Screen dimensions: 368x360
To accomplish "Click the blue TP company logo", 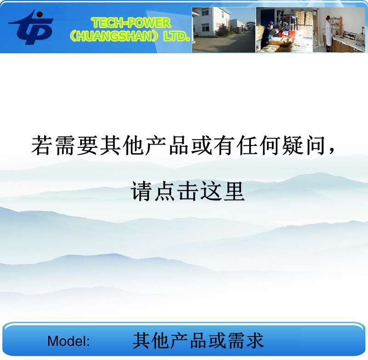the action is (31, 27).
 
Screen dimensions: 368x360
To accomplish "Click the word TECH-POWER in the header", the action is (131, 23).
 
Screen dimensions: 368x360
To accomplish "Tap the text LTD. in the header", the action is (177, 36).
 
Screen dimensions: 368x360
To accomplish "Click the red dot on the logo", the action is (40, 15).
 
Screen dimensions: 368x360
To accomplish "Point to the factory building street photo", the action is (224, 30).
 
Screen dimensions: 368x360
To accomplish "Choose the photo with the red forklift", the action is (284, 30).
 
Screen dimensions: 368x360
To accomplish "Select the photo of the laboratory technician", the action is (339, 30).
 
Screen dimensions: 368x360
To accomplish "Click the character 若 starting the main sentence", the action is (41, 145).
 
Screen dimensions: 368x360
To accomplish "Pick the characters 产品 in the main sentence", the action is (167, 145).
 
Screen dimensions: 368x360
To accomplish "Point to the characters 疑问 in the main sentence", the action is (304, 145).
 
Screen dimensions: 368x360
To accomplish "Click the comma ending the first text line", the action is (332, 151).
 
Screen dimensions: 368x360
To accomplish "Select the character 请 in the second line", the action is (141, 191).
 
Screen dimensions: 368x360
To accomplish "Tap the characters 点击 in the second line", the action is (176, 191).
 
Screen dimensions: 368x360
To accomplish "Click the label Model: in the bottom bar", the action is (69, 341).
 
